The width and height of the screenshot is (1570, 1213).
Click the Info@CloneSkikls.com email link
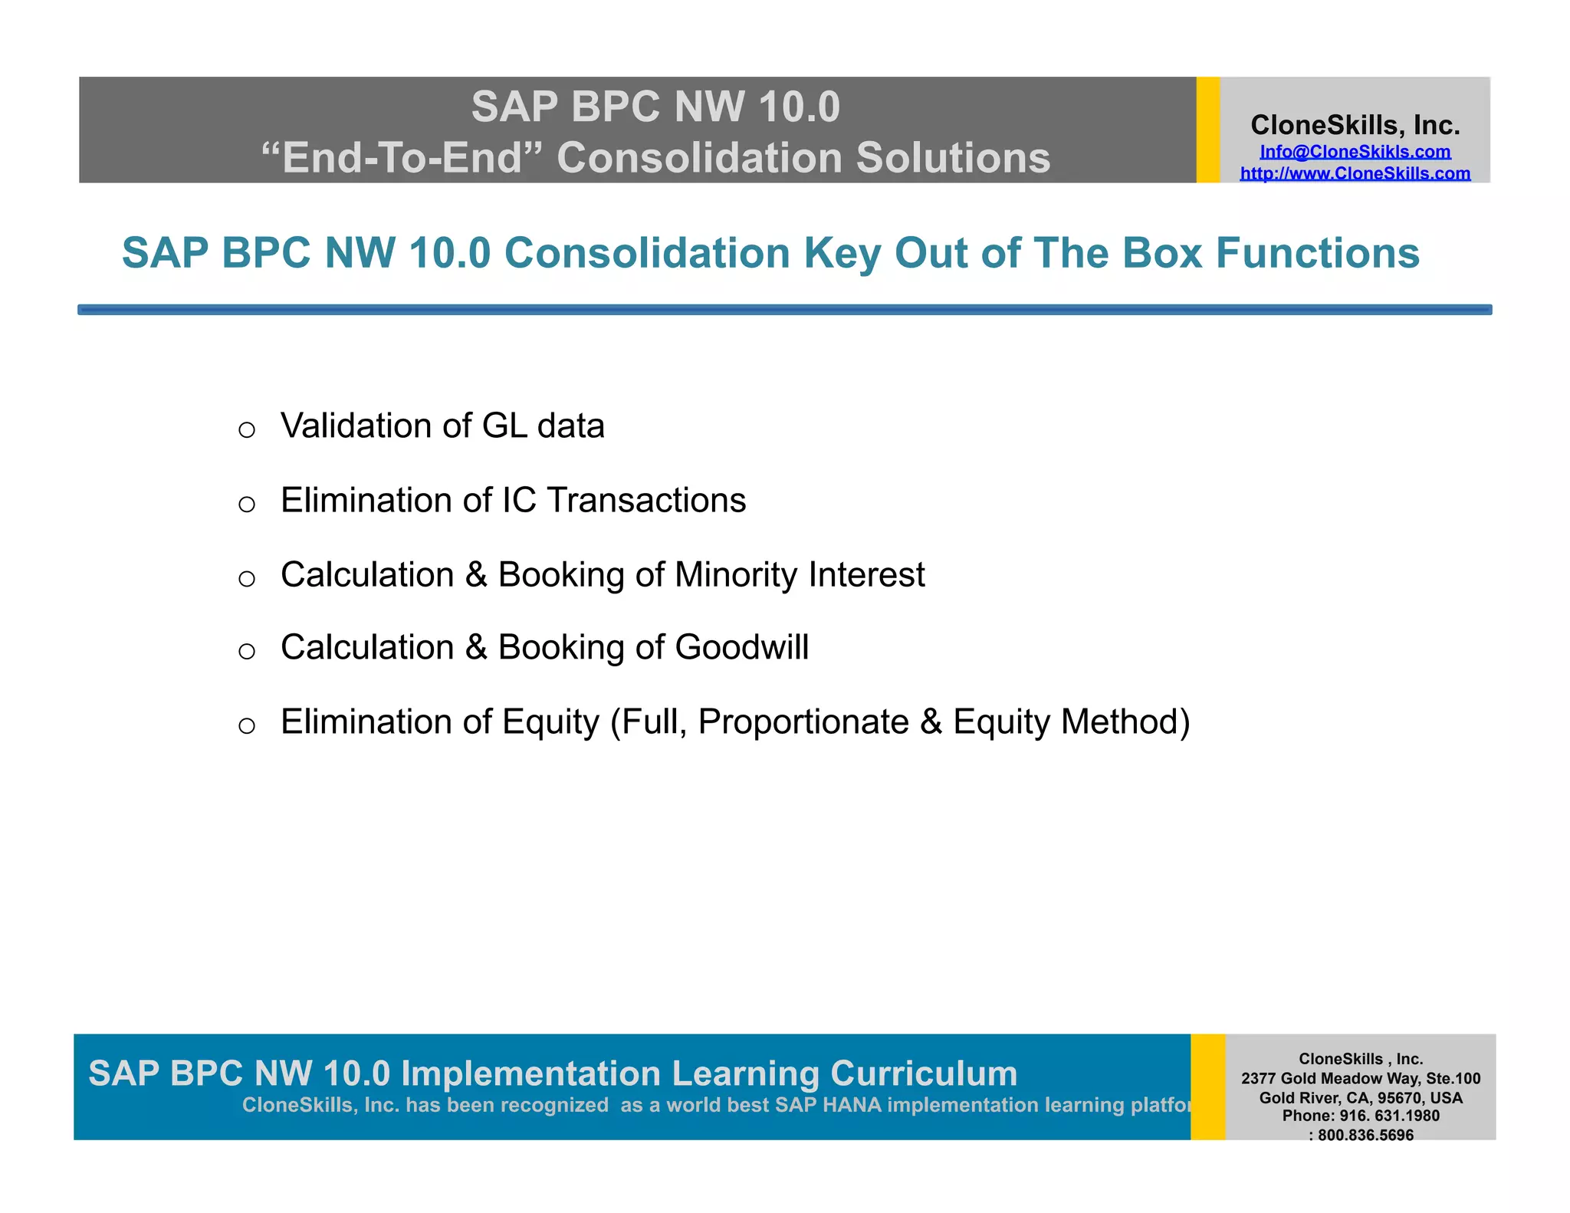tap(1355, 152)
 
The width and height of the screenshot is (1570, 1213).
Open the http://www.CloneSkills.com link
tap(1355, 173)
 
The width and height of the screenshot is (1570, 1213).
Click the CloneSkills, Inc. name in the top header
tap(1355, 125)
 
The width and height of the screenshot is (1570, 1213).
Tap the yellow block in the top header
tap(1207, 130)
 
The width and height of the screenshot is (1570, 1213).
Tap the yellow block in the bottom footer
tap(1207, 1086)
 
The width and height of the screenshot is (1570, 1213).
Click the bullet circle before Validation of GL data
tap(246, 429)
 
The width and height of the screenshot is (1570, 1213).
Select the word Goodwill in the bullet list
tap(741, 647)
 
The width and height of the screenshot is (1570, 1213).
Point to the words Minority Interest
tap(799, 574)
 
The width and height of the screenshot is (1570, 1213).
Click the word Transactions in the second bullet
tap(645, 500)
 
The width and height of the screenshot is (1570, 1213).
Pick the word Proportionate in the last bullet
tap(803, 722)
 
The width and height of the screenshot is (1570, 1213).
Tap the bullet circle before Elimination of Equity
tap(246, 725)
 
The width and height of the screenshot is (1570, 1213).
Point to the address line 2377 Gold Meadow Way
tap(1360, 1078)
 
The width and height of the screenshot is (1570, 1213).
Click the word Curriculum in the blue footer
tap(923, 1073)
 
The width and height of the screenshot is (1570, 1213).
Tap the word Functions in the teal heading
tap(1317, 253)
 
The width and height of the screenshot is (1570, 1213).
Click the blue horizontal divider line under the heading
tap(784, 310)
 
